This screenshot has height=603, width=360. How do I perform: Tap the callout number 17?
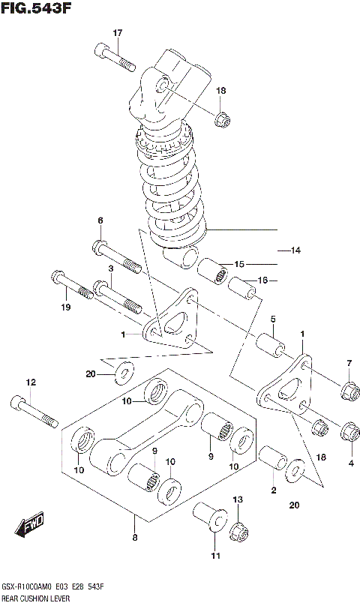pyautogui.click(x=117, y=32)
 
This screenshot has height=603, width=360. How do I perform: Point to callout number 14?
pyautogui.click(x=295, y=250)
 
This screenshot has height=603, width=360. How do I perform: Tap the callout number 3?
pyautogui.click(x=109, y=268)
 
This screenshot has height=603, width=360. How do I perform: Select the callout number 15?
pyautogui.click(x=239, y=265)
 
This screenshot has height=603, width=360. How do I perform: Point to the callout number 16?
pyautogui.click(x=262, y=281)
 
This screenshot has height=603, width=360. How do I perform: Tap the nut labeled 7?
pyautogui.click(x=349, y=390)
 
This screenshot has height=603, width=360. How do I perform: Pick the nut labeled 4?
pyautogui.click(x=349, y=433)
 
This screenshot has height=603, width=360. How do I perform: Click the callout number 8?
pyautogui.click(x=133, y=537)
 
